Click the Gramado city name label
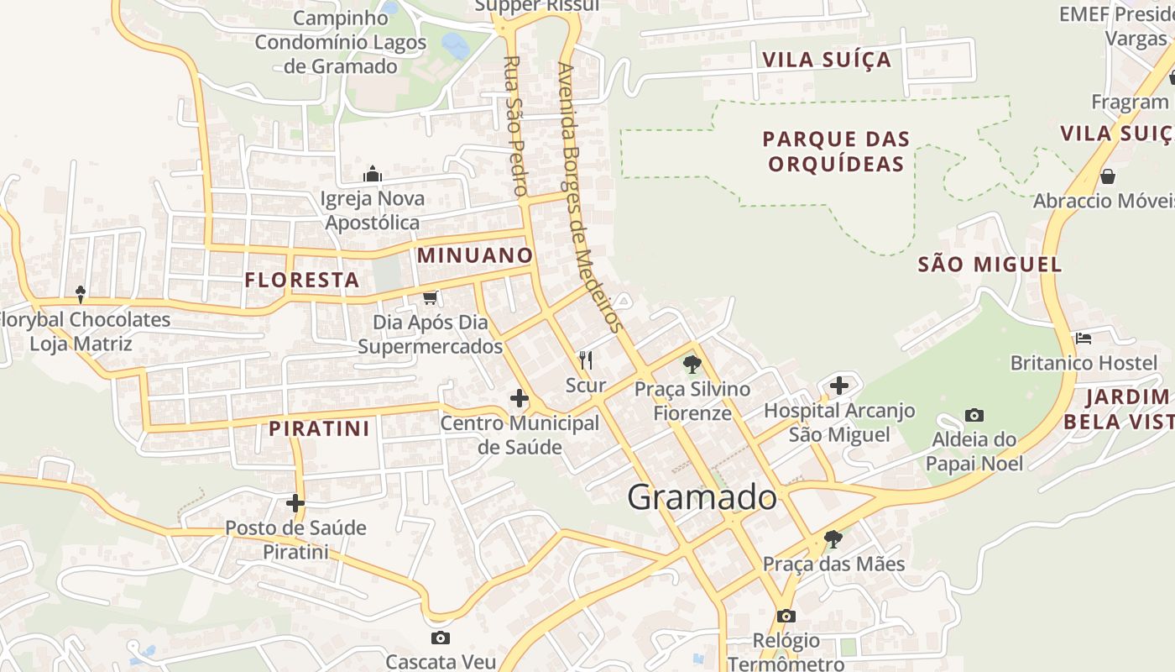[702, 497]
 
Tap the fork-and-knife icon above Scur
[586, 360]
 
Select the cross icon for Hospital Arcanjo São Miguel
[839, 386]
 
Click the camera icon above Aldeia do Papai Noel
[974, 415]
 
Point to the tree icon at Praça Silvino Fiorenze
[692, 364]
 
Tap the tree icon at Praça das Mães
[833, 538]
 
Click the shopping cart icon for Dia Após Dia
[431, 297]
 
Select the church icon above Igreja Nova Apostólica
[373, 175]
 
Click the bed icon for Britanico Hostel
[1084, 339]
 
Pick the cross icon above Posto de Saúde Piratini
[295, 503]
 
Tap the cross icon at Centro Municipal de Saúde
[520, 398]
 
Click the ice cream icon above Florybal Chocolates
[81, 294]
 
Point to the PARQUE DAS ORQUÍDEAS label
[837, 151]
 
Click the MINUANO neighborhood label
[475, 255]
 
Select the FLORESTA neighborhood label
[302, 281]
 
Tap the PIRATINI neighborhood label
[319, 428]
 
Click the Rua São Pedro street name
[514, 126]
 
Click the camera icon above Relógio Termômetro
[786, 616]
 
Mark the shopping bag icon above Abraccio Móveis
[1108, 176]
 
